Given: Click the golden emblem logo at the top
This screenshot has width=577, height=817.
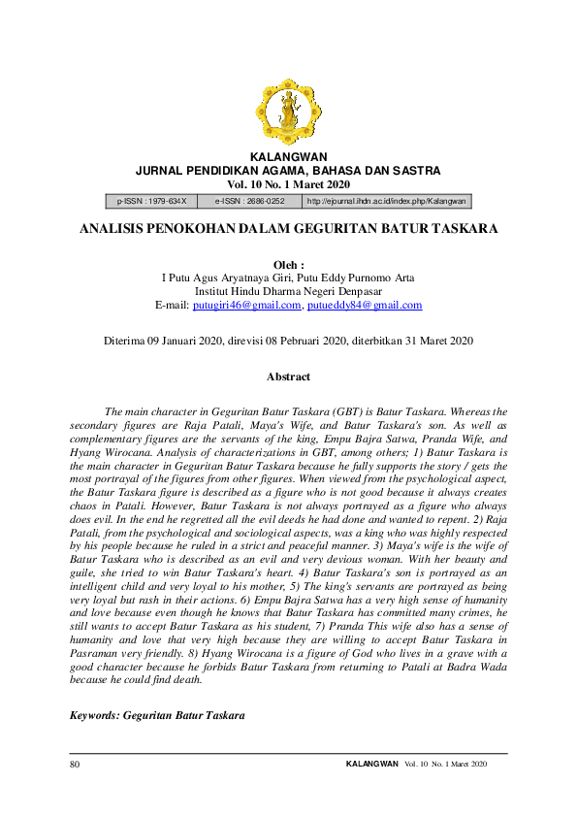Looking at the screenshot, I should point(288,112).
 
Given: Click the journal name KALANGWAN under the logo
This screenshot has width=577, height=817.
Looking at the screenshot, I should point(288,156).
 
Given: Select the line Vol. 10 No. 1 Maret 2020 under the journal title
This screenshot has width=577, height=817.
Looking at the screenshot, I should point(288,184).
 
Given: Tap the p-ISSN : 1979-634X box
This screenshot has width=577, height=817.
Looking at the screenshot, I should point(151,201).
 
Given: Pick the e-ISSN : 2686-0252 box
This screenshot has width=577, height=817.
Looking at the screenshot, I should point(249,201).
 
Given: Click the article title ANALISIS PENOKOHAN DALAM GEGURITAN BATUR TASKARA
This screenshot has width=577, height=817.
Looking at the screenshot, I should point(288,229).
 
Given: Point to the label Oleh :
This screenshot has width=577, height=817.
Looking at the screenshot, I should point(288,264).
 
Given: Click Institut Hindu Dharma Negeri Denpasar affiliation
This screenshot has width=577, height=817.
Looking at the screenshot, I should point(288,291).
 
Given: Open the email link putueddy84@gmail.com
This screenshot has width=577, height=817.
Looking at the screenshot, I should point(364,305).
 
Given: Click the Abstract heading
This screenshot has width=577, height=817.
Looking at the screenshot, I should point(288,376).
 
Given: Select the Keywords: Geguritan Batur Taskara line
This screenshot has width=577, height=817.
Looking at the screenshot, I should point(157,714).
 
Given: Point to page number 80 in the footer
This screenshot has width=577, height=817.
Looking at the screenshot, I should point(75,765).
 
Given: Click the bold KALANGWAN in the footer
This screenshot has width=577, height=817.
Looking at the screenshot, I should point(371,765).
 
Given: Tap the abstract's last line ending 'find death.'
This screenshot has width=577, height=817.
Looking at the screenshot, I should point(136,679).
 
